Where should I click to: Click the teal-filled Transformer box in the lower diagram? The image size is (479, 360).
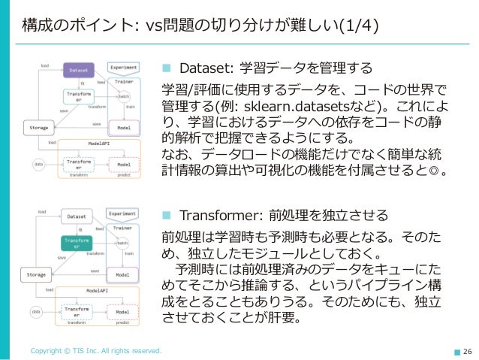(x=77, y=243)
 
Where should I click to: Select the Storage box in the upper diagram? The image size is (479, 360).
(x=38, y=129)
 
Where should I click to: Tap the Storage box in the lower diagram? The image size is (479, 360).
(x=38, y=276)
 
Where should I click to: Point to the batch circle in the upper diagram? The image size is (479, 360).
(x=124, y=96)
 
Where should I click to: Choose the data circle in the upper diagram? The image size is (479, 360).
(x=38, y=163)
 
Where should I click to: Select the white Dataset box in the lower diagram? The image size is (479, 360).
(x=77, y=216)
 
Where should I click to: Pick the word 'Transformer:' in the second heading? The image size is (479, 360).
(x=217, y=213)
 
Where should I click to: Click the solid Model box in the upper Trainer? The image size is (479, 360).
(x=123, y=128)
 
